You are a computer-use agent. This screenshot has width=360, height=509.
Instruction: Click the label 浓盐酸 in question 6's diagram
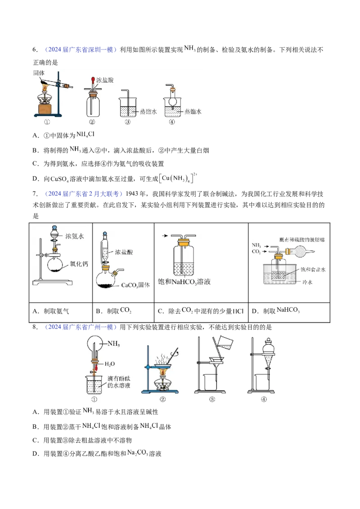coord(104,80)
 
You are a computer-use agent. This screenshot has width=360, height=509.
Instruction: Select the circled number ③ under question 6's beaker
coord(127,122)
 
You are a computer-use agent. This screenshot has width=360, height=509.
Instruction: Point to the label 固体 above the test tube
coord(39,73)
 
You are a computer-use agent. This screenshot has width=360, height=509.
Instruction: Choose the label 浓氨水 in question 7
coord(75,237)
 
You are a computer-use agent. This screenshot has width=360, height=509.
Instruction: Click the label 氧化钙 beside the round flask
coord(79,263)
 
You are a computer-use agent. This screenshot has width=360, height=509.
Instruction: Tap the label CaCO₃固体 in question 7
coord(135,285)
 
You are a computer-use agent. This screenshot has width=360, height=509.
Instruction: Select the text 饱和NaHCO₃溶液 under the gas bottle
coord(184,281)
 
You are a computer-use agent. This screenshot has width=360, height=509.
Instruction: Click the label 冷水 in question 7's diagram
coord(307,282)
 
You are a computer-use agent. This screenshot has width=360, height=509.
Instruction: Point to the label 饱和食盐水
coord(313,269)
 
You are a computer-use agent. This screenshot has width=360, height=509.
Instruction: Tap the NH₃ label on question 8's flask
coord(114,344)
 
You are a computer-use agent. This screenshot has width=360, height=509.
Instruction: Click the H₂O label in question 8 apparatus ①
coord(109,364)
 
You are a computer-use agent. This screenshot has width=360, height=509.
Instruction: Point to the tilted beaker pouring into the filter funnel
coord(224,343)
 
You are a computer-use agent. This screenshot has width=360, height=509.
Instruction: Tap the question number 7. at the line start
coord(35,194)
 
